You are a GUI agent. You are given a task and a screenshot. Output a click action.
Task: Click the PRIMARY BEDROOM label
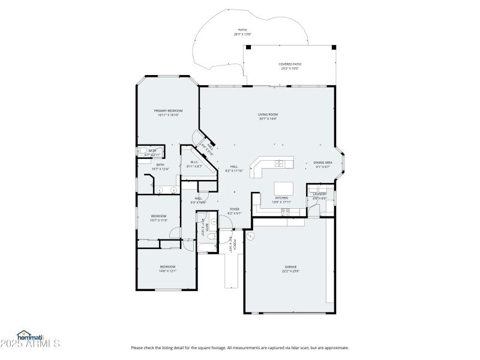tap(168, 110)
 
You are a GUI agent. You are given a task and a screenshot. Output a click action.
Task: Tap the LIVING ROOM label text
tap(268, 114)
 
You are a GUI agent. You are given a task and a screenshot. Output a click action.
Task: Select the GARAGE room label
tap(290, 266)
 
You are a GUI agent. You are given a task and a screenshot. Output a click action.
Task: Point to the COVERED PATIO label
tap(290, 64)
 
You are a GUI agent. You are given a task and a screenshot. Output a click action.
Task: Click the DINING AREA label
tap(323, 163)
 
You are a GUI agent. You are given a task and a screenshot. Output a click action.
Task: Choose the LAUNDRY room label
tap(319, 194)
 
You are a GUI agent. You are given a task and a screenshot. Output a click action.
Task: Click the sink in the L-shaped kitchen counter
tap(280, 163)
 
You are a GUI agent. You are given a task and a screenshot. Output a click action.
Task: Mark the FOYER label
tap(235, 209)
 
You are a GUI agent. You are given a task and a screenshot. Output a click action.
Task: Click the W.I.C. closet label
tap(194, 162)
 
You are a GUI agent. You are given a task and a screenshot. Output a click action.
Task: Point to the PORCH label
tap(235, 245)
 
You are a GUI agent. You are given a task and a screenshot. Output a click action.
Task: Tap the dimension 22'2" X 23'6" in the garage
tap(290, 271)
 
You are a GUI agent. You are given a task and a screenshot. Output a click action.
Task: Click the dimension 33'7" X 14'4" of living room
tap(268, 119)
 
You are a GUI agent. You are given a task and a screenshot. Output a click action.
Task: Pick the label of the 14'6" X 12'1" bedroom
tap(167, 266)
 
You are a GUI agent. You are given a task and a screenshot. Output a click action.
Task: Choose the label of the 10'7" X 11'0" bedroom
tap(158, 216)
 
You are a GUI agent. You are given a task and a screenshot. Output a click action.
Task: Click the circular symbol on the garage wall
tap(251, 235)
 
